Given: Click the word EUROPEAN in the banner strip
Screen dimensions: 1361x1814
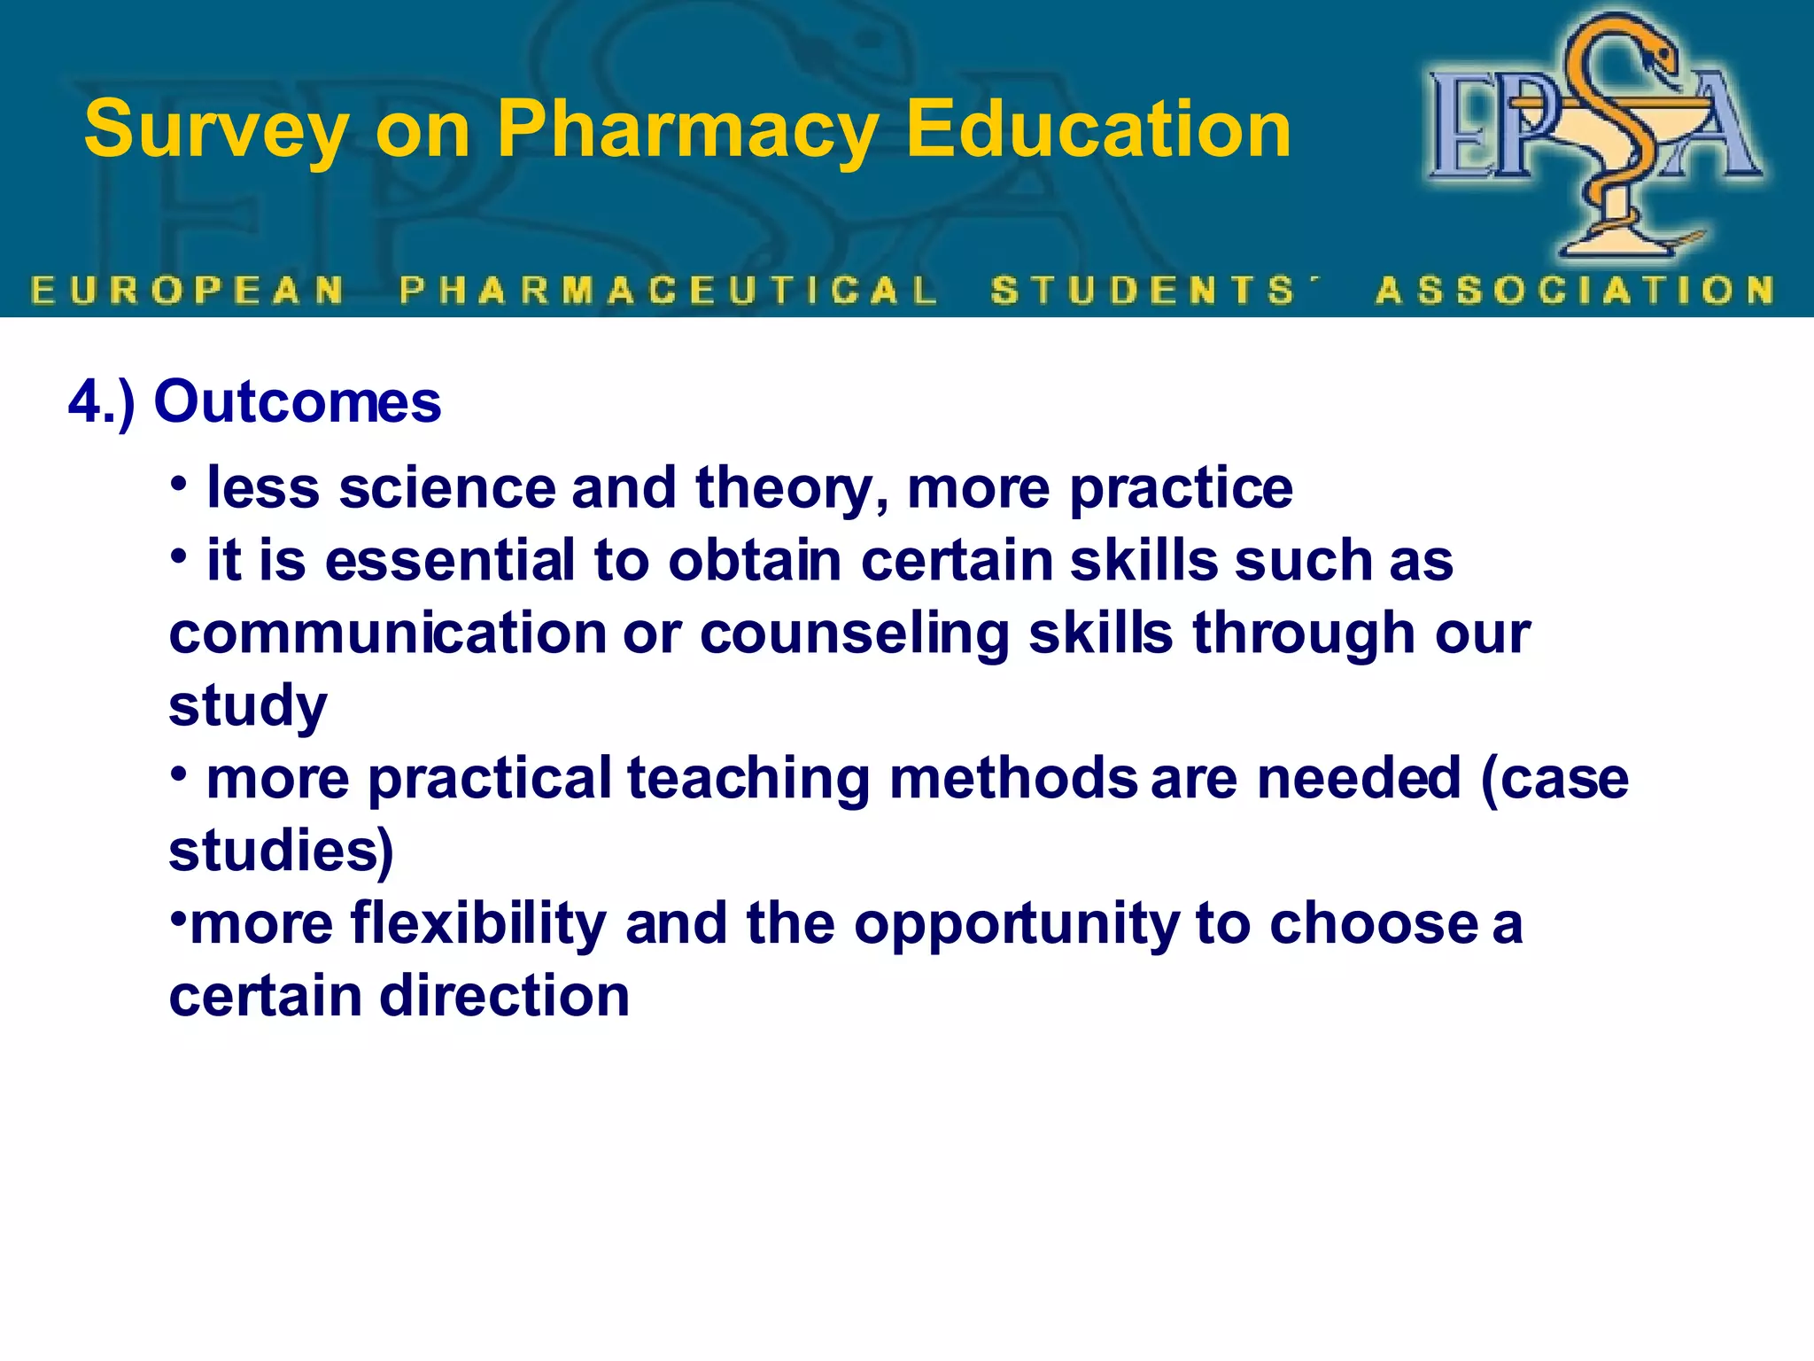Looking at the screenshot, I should pyautogui.click(x=188, y=291).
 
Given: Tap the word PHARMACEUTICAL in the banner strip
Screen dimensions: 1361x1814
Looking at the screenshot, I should pyautogui.click(x=669, y=291).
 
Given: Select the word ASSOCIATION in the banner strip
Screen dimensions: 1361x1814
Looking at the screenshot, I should pyautogui.click(x=1576, y=291).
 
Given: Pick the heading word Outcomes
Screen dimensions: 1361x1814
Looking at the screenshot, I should pyautogui.click(x=298, y=402).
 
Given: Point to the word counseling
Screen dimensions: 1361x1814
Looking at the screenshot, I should pyautogui.click(x=854, y=634).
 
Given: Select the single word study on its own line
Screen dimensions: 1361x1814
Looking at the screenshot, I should pyautogui.click(x=248, y=707).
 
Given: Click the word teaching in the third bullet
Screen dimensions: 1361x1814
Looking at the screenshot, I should pyautogui.click(x=748, y=779).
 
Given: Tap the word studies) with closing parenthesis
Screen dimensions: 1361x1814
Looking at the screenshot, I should pyautogui.click(x=281, y=852).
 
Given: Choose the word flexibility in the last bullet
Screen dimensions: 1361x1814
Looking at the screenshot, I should pyautogui.click(x=478, y=923).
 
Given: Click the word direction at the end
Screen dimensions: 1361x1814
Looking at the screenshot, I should pyautogui.click(x=505, y=996).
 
